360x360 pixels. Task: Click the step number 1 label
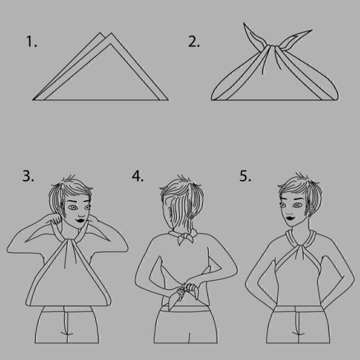tap(32, 42)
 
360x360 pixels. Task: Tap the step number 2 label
tap(194, 42)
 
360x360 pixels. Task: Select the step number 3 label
tap(28, 176)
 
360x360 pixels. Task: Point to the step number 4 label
tap(138, 176)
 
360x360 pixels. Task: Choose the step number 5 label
tap(245, 176)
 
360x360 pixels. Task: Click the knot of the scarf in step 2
tap(272, 48)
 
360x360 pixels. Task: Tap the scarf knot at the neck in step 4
tap(185, 236)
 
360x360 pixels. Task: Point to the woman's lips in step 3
tap(81, 220)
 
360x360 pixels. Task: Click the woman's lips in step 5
tap(290, 217)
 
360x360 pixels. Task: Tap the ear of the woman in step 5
tap(311, 208)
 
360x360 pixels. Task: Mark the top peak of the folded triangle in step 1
tap(111, 34)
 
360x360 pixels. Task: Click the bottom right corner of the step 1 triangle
tap(168, 100)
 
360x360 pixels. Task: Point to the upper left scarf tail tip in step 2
tap(243, 22)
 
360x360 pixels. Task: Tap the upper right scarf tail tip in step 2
tap(312, 30)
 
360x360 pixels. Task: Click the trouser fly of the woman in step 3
tap(66, 325)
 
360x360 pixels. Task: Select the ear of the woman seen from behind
tap(169, 211)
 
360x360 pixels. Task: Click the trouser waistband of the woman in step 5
tap(299, 308)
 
